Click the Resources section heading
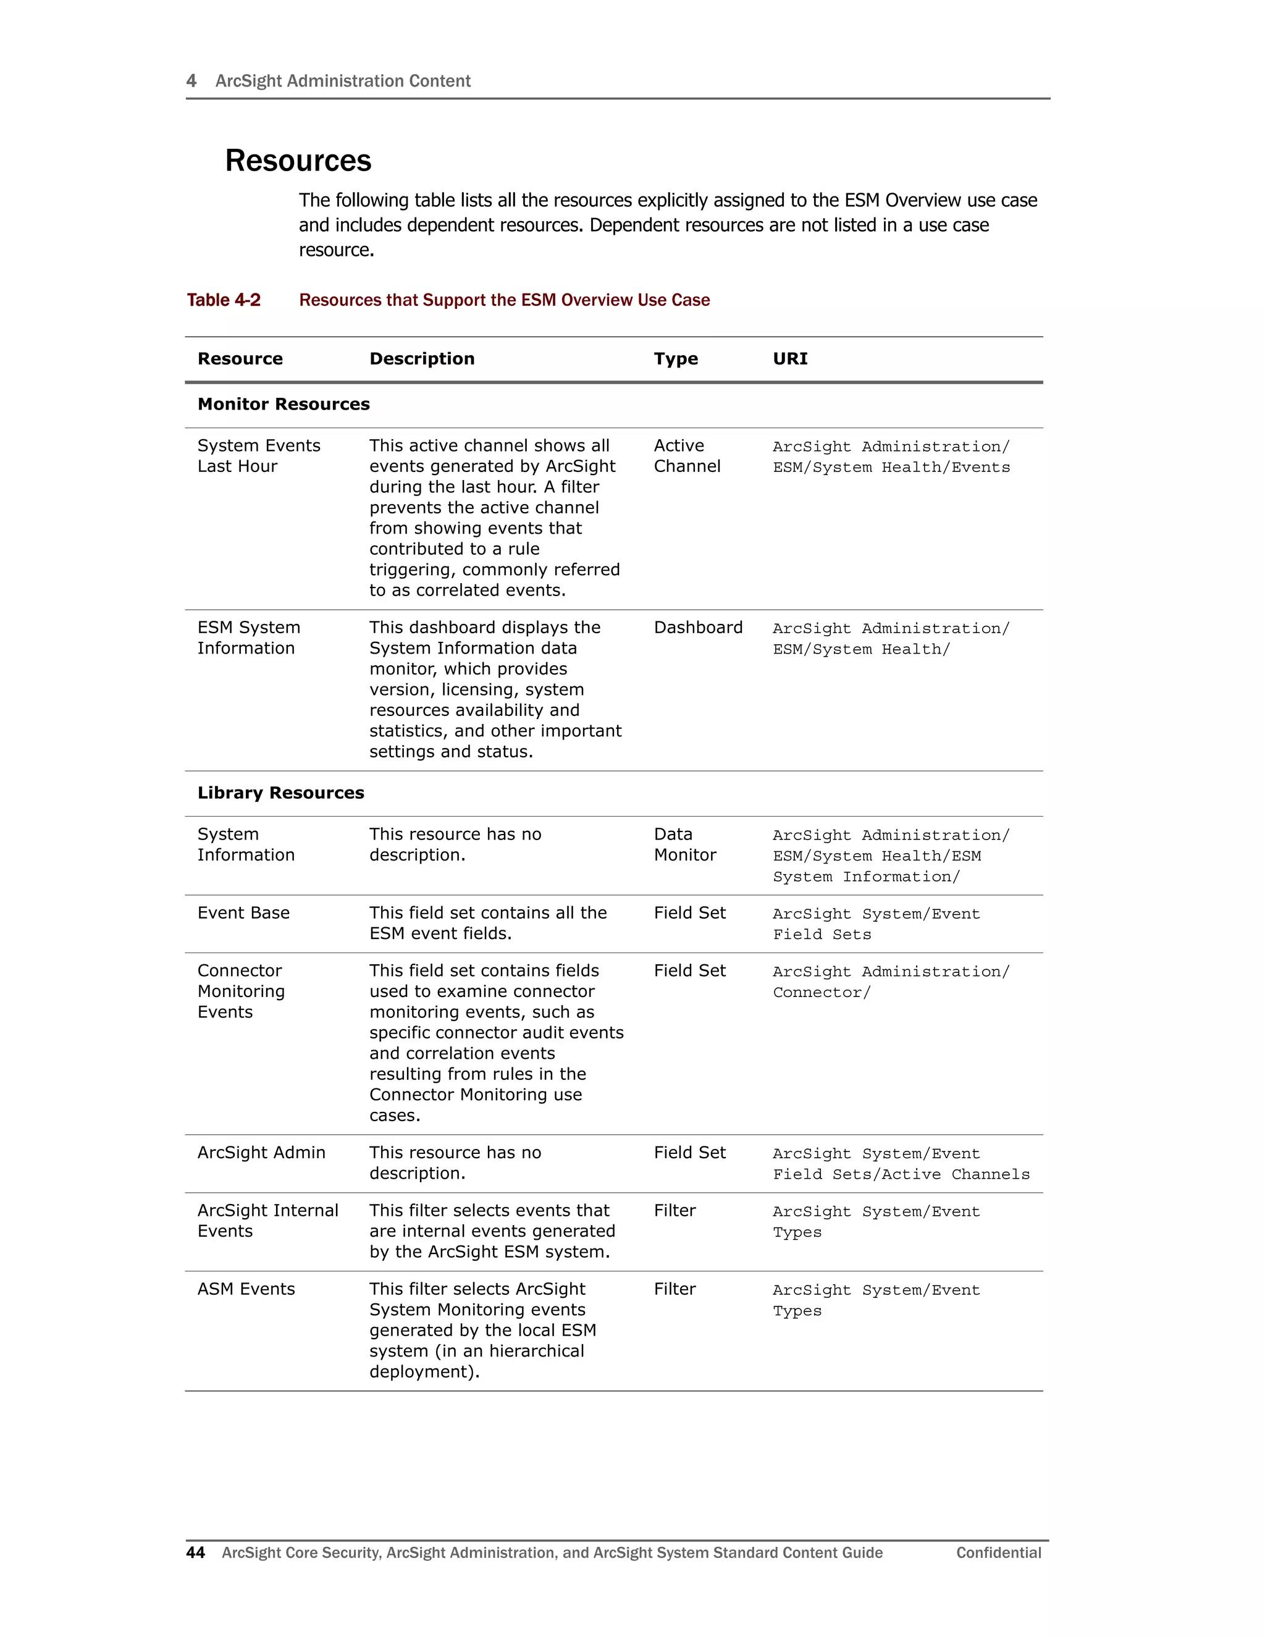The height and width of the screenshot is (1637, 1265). coord(298,161)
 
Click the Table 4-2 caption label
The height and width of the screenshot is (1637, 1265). coord(224,300)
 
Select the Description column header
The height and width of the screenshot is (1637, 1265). coord(421,359)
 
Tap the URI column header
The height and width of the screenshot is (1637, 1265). coord(790,359)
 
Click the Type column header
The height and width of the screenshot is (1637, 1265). coord(675,359)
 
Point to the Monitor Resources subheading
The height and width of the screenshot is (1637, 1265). coord(284,404)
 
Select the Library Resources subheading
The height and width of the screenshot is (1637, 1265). coord(280,793)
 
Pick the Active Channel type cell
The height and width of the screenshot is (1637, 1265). coord(686,456)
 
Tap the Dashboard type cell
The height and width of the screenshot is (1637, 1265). coord(698,628)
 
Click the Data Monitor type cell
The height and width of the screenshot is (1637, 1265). coord(684,844)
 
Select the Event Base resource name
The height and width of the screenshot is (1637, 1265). coord(243,913)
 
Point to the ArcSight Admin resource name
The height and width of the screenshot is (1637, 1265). coord(261,1153)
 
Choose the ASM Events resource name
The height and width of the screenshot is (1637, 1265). coord(246,1289)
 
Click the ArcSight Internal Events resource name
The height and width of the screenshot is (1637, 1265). coord(267,1221)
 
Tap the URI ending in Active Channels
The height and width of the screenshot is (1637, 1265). coord(901,1164)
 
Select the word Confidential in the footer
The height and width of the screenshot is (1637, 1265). coord(998,1552)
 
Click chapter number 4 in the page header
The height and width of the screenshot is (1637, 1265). coord(191,81)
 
